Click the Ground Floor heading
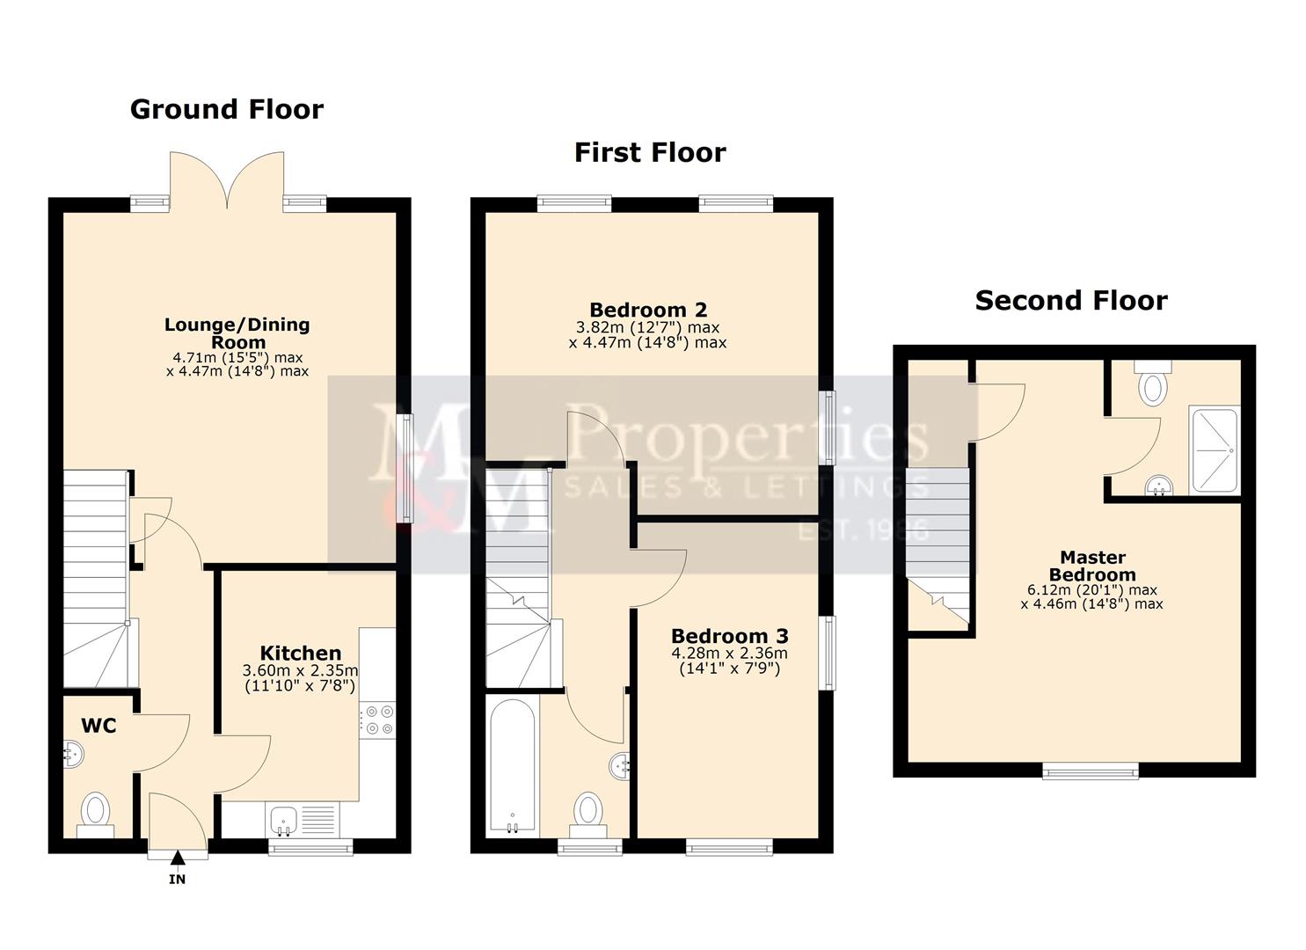coord(227,109)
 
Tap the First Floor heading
coord(650,152)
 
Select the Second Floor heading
coord(1070,301)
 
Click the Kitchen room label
coord(301,653)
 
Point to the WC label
coord(98,726)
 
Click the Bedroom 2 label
coord(648,310)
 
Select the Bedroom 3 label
coord(729,635)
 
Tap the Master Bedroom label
coord(1092,566)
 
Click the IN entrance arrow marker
coord(178,867)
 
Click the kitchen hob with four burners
coord(378,719)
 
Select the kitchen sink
coord(284,821)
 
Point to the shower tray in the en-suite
coord(1214,449)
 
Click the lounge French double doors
coord(228,181)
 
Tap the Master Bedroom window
coord(1091,771)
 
